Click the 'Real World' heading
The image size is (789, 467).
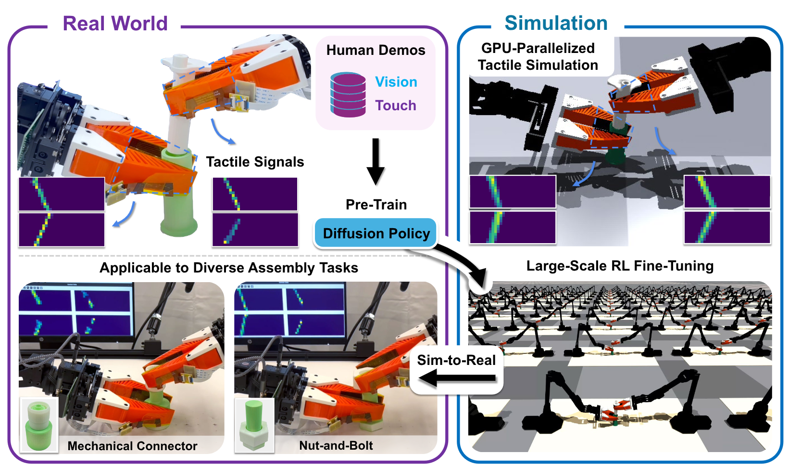[115, 24]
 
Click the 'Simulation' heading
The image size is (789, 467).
[556, 23]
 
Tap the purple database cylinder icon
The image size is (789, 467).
[348, 95]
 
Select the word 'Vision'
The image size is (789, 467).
[396, 82]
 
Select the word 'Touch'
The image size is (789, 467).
[395, 105]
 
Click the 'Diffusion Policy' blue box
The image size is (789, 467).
[376, 233]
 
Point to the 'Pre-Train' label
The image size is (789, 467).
[376, 205]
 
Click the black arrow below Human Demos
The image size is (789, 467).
[376, 161]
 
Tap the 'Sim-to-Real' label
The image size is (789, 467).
[456, 360]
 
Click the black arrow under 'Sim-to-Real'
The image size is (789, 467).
[457, 378]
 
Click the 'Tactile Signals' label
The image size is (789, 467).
[255, 162]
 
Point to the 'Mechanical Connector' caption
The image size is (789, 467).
[132, 446]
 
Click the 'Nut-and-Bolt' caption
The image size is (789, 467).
[336, 445]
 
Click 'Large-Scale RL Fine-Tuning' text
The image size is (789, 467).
[620, 266]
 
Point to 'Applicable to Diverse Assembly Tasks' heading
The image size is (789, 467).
[229, 268]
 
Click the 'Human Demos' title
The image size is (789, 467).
[376, 50]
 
